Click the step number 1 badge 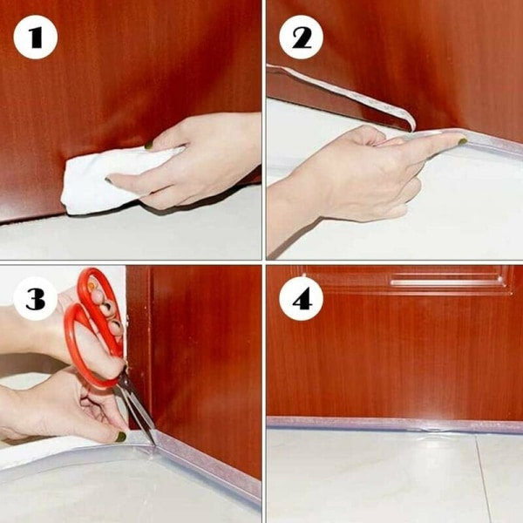pyautogui.click(x=36, y=37)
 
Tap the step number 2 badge pyautogui.click(x=301, y=37)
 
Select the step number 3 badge pyautogui.click(x=36, y=299)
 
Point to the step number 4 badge pyautogui.click(x=301, y=299)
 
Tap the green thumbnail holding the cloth pyautogui.click(x=149, y=145)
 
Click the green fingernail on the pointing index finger pyautogui.click(x=462, y=141)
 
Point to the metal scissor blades pyautogui.click(x=138, y=411)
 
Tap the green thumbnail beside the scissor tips pyautogui.click(x=121, y=437)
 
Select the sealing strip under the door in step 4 pyautogui.click(x=395, y=424)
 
